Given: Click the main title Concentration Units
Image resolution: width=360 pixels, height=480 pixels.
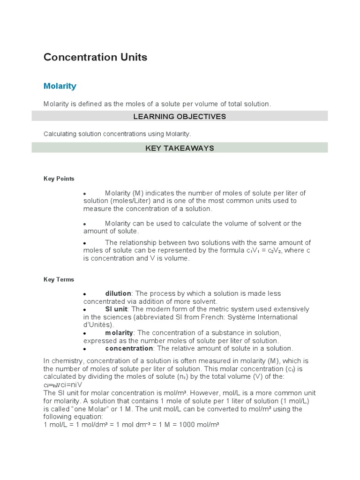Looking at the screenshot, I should tap(95, 57).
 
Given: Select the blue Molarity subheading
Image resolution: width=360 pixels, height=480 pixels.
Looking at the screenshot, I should tap(60, 86).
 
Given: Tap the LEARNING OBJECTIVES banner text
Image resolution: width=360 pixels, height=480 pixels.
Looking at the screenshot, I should tap(180, 116).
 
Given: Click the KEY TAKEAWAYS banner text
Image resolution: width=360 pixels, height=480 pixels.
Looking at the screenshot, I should tap(180, 148).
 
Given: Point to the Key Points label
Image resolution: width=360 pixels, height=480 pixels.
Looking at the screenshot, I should tap(59, 179).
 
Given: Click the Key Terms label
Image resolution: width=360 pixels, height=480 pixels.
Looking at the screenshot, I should tap(59, 279).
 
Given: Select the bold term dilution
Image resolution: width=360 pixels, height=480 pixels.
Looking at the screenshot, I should tap(118, 293).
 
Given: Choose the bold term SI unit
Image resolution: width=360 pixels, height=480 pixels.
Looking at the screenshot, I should tap(116, 309).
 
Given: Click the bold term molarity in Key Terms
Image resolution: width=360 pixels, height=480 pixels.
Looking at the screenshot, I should tap(119, 333).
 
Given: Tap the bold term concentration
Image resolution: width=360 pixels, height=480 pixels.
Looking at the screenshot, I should tap(129, 348).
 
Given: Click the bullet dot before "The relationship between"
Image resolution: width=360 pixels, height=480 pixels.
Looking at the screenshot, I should tap(85, 243).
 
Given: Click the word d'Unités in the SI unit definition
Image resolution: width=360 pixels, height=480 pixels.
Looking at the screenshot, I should tap(98, 325).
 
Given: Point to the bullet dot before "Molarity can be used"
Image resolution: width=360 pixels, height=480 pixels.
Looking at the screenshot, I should tap(85, 224).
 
